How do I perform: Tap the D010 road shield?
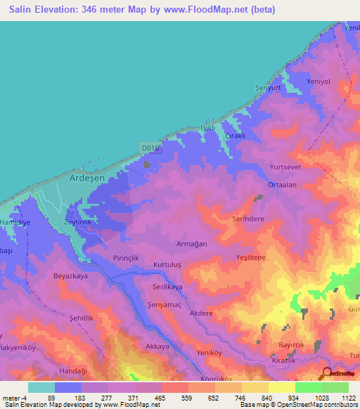(x=150, y=148)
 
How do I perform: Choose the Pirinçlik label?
(x=127, y=259)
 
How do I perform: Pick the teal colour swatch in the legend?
(x=41, y=387)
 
